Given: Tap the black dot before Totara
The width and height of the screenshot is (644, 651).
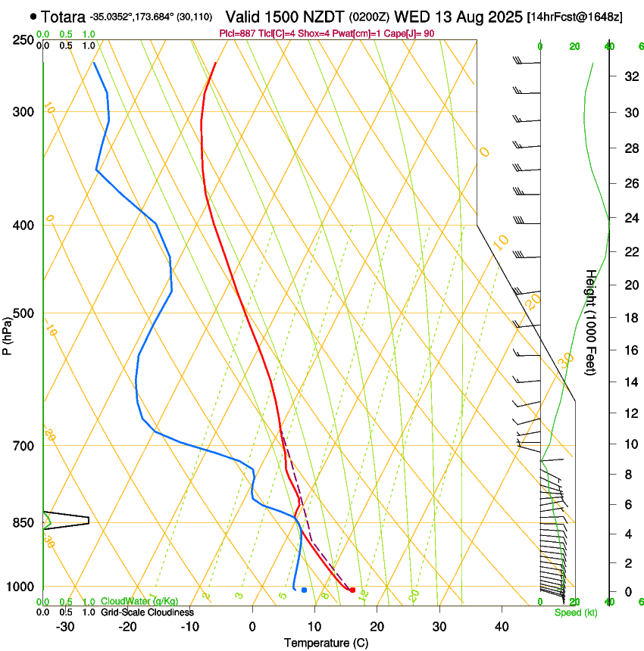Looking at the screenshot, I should [x=33, y=16].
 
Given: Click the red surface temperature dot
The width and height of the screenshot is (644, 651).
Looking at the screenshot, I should [x=352, y=590].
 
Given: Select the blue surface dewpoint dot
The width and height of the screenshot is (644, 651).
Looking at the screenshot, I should [x=304, y=590].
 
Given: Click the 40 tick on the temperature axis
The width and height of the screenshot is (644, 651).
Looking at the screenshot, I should [x=501, y=626].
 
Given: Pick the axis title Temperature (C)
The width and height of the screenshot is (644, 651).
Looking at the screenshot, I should [x=326, y=643].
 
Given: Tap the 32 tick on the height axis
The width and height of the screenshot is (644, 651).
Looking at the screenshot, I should [x=630, y=76].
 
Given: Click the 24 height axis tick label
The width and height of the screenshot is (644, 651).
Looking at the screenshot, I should [x=630, y=218].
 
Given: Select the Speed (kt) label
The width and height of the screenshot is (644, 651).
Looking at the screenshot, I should [x=575, y=612].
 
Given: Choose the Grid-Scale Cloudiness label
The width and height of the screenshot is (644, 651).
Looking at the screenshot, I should [x=148, y=612].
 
